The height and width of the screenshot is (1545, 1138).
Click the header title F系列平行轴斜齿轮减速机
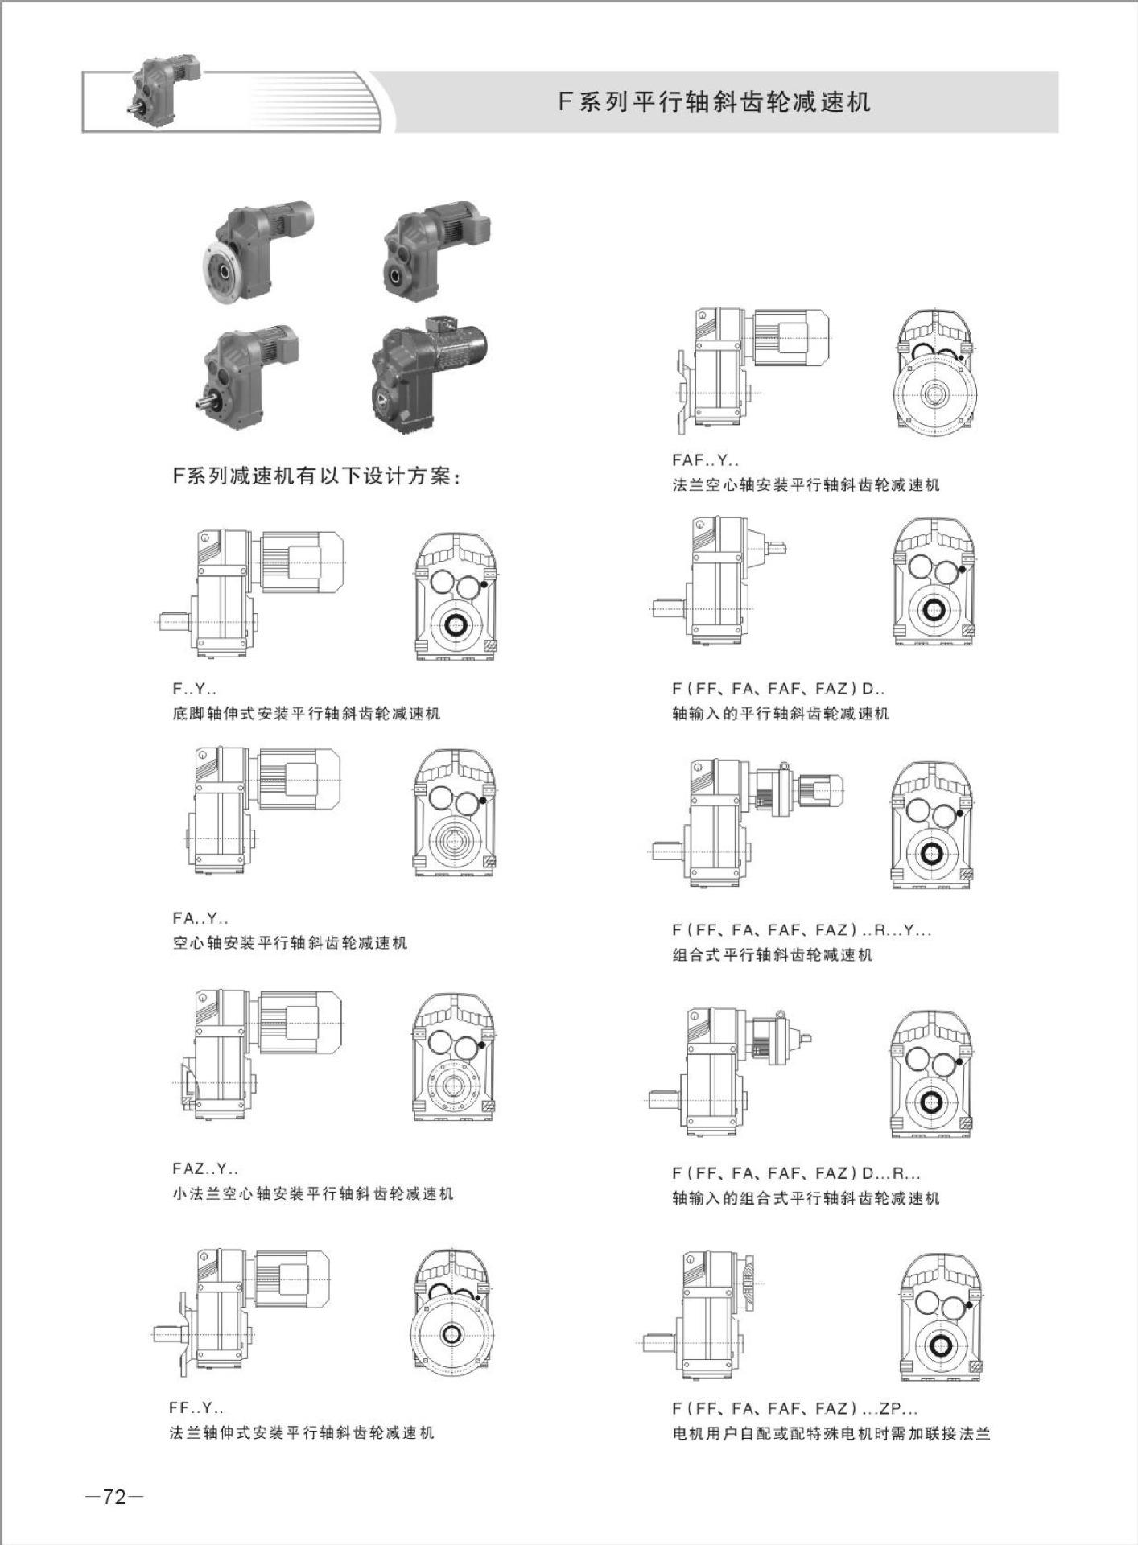click(x=715, y=102)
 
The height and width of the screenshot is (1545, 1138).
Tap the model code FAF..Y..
click(x=705, y=461)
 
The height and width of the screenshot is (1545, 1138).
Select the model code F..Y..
click(x=194, y=689)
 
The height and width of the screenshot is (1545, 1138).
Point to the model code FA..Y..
click(x=200, y=917)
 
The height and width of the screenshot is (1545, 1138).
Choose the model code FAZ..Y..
click(x=205, y=1168)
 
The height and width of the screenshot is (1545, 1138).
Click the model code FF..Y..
click(x=196, y=1407)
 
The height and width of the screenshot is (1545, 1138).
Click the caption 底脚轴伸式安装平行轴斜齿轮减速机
click(x=307, y=713)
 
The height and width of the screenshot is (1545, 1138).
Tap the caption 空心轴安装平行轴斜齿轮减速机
click(x=290, y=942)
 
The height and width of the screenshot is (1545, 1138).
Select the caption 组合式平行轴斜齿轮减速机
click(x=773, y=954)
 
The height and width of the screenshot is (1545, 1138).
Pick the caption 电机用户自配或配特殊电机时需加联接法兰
click(x=831, y=1433)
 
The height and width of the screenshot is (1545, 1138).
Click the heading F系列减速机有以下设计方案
click(x=317, y=476)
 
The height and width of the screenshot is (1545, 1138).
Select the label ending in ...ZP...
click(x=795, y=1408)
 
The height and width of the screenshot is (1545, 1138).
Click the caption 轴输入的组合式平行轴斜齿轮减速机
click(x=806, y=1198)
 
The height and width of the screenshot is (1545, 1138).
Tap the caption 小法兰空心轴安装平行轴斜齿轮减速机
click(x=313, y=1193)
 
